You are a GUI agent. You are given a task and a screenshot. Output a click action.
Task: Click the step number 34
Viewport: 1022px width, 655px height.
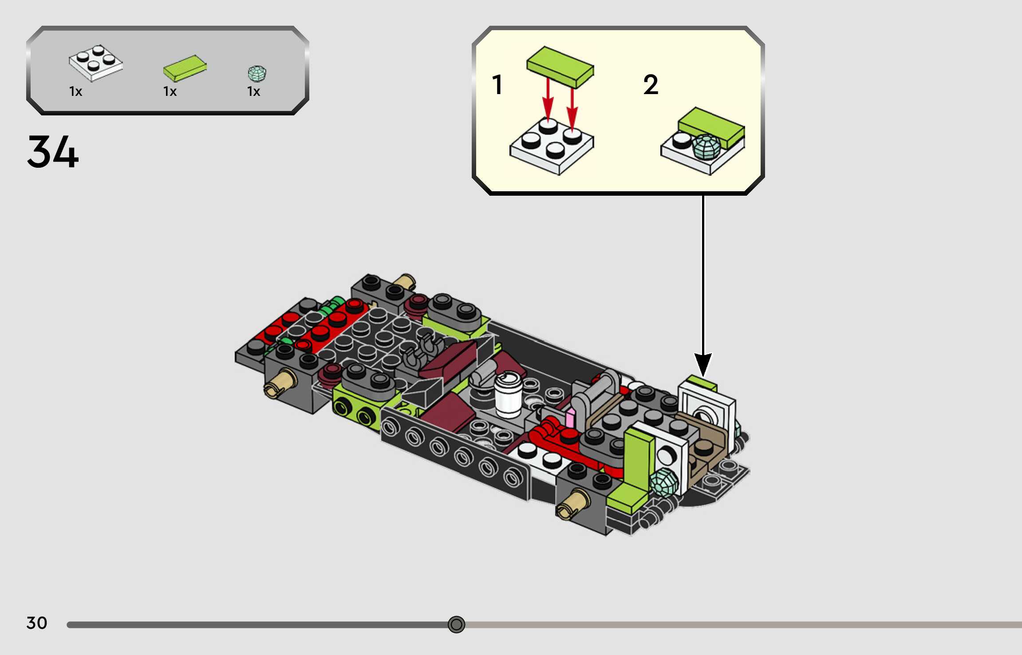(x=53, y=152)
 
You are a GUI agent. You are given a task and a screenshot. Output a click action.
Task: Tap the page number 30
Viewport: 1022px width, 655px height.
(x=36, y=623)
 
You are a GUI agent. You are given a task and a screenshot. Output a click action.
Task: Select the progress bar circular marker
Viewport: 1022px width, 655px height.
(x=456, y=624)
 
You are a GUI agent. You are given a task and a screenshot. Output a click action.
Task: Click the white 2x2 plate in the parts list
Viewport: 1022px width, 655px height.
(x=95, y=63)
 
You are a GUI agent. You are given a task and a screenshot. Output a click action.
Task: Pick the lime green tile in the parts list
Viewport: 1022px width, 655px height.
(x=185, y=68)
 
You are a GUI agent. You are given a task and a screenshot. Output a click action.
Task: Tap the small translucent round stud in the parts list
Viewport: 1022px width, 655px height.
(x=257, y=74)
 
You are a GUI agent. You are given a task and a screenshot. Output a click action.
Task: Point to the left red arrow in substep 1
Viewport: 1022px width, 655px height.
(x=548, y=100)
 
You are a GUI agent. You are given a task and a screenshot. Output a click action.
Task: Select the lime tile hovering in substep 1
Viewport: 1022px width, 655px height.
(x=560, y=67)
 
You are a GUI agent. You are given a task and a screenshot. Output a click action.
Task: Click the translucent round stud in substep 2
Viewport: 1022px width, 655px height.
(x=706, y=147)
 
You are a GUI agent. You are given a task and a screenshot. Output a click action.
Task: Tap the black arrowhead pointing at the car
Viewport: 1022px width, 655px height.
(x=703, y=364)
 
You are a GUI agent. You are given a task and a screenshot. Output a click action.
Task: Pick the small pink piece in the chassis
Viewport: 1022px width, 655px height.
(x=570, y=418)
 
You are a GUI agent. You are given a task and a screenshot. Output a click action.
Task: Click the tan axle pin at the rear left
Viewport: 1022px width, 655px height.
(x=280, y=384)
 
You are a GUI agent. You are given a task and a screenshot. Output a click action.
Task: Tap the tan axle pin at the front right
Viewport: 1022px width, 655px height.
(x=572, y=505)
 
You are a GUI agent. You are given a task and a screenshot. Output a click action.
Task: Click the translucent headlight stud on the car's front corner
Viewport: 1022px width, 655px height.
(x=664, y=481)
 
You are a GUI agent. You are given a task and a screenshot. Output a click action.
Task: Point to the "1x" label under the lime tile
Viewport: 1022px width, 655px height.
(x=170, y=91)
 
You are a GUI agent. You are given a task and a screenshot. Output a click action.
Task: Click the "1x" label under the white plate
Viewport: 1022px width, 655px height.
(x=76, y=91)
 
